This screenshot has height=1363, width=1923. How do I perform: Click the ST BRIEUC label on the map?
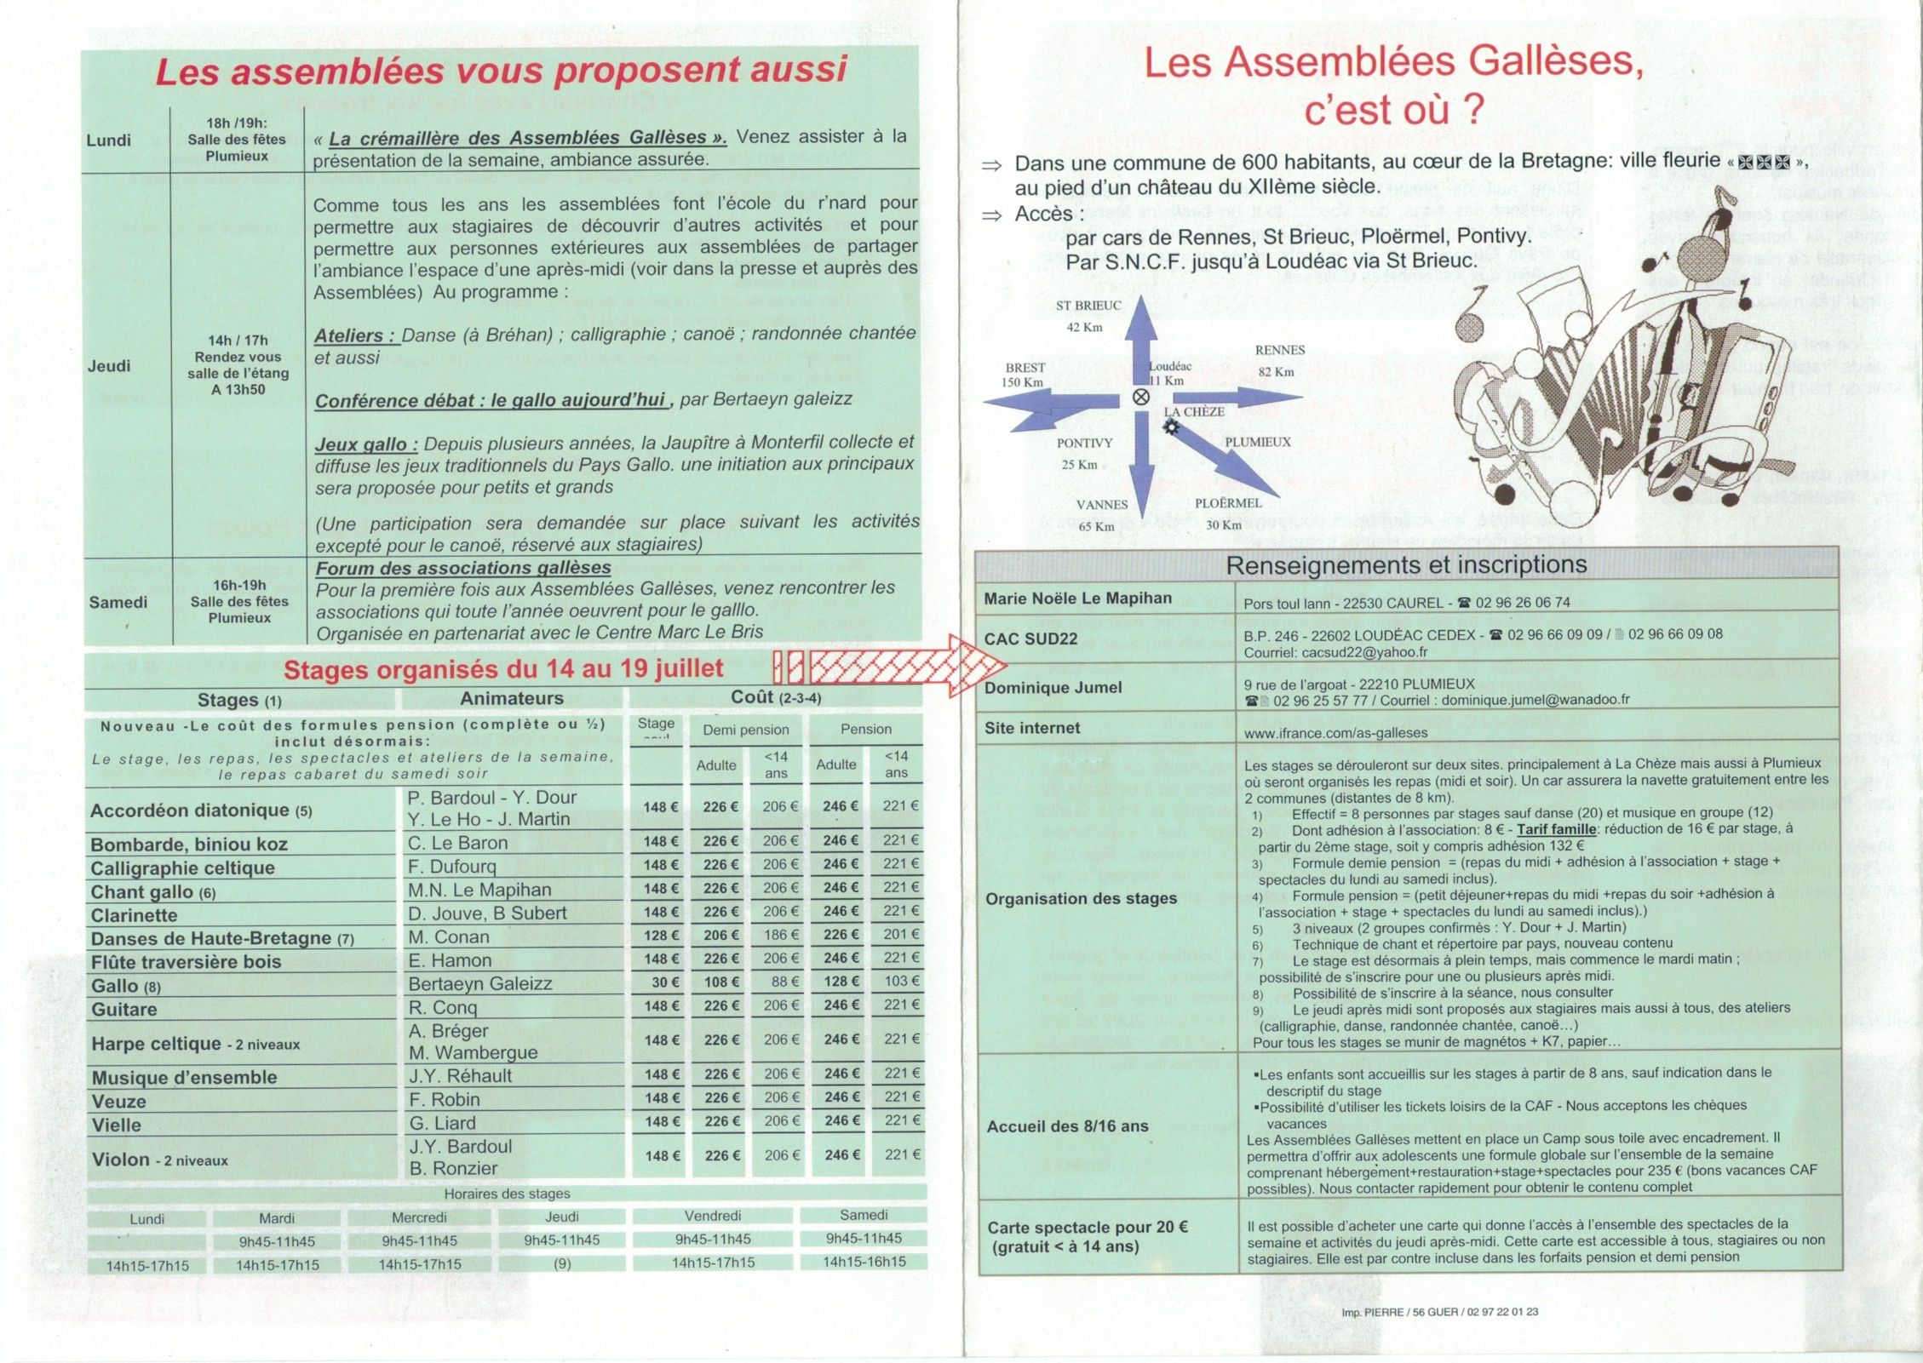pyautogui.click(x=1088, y=306)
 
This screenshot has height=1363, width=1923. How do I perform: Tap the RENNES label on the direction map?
pyautogui.click(x=1279, y=350)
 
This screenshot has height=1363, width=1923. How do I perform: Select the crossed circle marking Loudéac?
pyautogui.click(x=1141, y=397)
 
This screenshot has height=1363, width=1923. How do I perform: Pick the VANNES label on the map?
pyautogui.click(x=1101, y=505)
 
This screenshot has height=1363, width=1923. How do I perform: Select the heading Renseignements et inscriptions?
pyautogui.click(x=1406, y=564)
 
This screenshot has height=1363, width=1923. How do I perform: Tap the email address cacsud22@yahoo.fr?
pyautogui.click(x=1335, y=653)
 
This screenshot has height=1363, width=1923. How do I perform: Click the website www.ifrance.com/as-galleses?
pyautogui.click(x=1323, y=733)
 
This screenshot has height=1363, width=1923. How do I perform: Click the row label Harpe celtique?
pyautogui.click(x=156, y=1044)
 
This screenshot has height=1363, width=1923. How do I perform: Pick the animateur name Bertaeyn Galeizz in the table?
pyautogui.click(x=480, y=984)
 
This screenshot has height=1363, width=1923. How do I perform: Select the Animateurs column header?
pyautogui.click(x=511, y=698)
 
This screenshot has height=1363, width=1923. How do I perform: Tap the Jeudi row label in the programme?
pyautogui.click(x=109, y=366)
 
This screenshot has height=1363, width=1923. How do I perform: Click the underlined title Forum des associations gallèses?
pyautogui.click(x=463, y=568)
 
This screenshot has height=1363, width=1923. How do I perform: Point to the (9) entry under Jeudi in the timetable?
pyautogui.click(x=561, y=1264)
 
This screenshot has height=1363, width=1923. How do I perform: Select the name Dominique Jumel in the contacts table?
pyautogui.click(x=1053, y=688)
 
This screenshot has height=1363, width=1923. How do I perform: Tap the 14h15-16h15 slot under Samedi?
pyautogui.click(x=864, y=1262)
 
